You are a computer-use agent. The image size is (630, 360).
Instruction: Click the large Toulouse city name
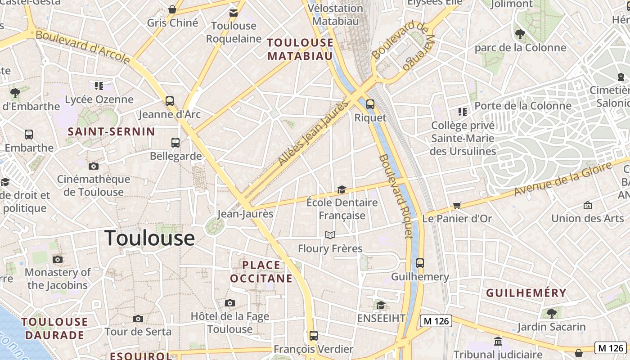tap(149, 238)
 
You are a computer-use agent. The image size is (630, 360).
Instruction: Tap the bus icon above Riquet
tap(370, 104)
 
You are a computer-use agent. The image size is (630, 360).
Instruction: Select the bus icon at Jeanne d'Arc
tap(170, 101)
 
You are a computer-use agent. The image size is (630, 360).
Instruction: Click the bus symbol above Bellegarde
tap(175, 143)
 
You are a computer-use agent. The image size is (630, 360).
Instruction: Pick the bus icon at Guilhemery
tap(420, 263)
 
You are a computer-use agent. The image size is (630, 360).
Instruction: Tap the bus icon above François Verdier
tap(314, 336)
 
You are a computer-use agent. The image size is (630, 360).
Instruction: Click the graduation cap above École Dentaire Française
tap(342, 189)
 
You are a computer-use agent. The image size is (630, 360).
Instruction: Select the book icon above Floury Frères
tap(330, 235)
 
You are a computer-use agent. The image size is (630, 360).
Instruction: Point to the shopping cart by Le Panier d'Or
tap(457, 206)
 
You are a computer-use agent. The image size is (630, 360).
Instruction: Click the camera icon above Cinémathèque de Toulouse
tap(93, 166)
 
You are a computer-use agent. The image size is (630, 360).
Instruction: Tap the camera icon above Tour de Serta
tap(138, 319)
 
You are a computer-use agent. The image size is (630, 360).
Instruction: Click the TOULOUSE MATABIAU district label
tap(300, 49)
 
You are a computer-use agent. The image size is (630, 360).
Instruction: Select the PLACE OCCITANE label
tap(261, 272)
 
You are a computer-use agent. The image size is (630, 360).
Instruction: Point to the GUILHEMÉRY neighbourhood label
tap(526, 293)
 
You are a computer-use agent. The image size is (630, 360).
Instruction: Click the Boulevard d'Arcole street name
tap(83, 47)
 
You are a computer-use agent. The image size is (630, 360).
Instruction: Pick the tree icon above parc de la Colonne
tap(520, 34)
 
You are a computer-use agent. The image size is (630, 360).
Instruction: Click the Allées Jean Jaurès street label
tap(314, 132)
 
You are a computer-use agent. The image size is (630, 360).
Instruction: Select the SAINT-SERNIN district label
tap(111, 132)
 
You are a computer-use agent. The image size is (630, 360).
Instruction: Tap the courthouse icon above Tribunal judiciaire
tap(498, 342)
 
